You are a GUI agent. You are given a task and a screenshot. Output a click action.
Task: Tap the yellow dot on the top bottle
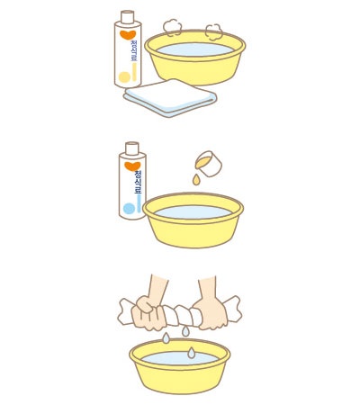point(126,77)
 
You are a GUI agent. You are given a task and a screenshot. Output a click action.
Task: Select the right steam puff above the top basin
point(214,31)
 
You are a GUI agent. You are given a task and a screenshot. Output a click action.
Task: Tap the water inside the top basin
point(194,49)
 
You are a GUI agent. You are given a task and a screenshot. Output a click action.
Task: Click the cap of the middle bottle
point(131,147)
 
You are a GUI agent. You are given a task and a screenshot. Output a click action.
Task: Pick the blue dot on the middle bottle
point(129,208)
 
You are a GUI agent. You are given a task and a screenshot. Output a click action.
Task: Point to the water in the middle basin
point(193,212)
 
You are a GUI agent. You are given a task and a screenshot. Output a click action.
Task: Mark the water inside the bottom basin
point(179,359)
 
